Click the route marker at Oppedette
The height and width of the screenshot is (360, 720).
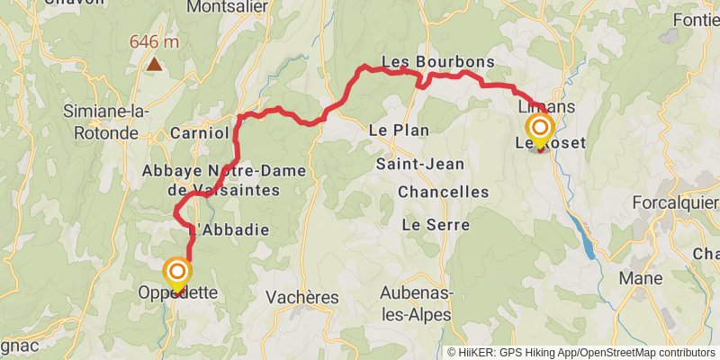click(177, 272)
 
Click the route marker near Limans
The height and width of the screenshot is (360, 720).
click(540, 129)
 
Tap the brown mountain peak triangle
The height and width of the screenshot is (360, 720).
click(156, 64)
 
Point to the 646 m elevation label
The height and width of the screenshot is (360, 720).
click(155, 41)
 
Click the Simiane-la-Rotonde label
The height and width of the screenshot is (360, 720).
click(106, 122)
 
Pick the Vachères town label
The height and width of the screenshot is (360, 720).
click(302, 297)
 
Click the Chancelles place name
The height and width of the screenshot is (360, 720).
click(443, 192)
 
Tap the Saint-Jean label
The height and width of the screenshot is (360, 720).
click(420, 164)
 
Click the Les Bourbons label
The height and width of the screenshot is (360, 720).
click(438, 61)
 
